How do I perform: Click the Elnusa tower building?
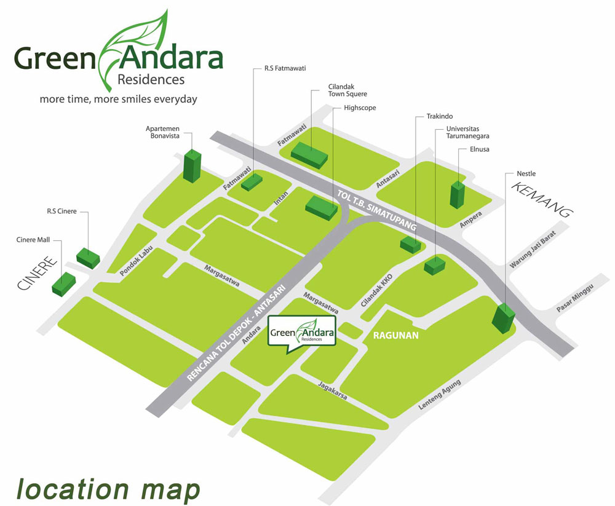[458, 194]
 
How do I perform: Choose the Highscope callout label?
[360, 108]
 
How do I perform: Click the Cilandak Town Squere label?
[347, 90]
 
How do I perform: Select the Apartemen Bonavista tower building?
[192, 165]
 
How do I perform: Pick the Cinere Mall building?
[64, 283]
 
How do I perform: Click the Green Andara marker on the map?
[302, 334]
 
